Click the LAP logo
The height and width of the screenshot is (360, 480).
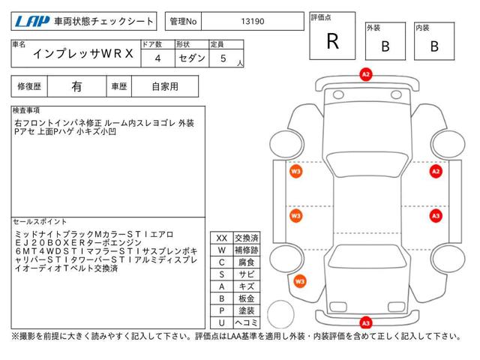click(32, 21)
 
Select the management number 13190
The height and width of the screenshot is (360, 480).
click(253, 22)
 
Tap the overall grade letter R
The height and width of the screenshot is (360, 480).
click(333, 41)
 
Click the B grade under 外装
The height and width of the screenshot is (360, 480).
click(385, 46)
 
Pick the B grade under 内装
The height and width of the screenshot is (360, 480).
click(434, 46)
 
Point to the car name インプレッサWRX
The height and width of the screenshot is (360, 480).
click(83, 54)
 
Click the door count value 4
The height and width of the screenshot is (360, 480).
click(157, 58)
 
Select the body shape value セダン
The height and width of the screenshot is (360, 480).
click(192, 58)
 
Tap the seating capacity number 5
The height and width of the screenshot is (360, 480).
click(223, 58)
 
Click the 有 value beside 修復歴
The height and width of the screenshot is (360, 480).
click(76, 87)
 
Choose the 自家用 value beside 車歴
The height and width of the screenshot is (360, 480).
click(165, 87)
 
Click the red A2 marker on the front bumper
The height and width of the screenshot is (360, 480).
click(366, 74)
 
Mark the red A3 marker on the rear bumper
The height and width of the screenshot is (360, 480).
click(366, 323)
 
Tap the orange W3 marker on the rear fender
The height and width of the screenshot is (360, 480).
click(300, 282)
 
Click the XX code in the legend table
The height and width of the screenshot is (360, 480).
click(222, 238)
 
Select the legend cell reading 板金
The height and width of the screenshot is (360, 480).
click(247, 298)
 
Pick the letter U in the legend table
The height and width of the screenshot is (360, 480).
click(222, 322)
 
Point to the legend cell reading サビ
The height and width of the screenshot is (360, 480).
click(247, 274)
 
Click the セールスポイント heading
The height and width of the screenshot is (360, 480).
click(40, 222)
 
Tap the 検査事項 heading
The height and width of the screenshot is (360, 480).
click(26, 110)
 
